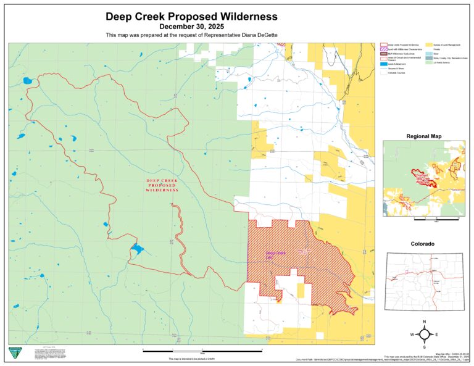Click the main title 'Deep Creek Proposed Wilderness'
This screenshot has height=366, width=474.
tap(191, 17)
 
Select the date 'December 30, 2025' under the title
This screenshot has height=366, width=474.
tap(191, 27)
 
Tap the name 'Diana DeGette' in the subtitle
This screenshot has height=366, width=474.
tap(259, 36)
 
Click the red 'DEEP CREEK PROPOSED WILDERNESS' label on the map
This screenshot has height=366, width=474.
tap(162, 186)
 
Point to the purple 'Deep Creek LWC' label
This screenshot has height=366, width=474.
tap(275, 254)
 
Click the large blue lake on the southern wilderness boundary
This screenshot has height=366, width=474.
tap(136, 249)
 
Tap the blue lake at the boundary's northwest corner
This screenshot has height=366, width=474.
tap(27, 80)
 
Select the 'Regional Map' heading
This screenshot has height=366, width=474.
tap(423, 136)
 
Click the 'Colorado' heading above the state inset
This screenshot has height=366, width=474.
tap(423, 244)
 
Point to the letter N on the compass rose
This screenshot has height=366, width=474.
tap(425, 322)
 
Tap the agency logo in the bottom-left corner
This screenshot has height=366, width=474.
tap(14, 352)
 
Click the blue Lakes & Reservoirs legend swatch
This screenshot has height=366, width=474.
tap(383, 63)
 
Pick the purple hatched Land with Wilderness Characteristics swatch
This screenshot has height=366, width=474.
tap(383, 50)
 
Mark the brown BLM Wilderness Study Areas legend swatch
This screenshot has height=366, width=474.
tap(383, 54)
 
